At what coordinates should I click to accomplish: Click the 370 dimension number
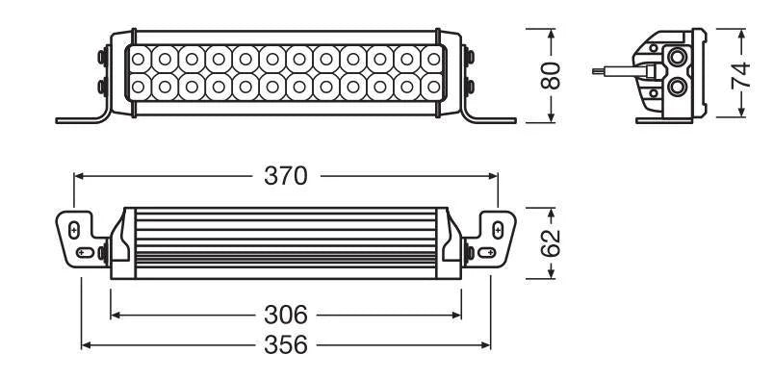click(286, 176)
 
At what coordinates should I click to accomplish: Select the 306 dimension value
click(286, 314)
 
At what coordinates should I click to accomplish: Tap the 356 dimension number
click(286, 344)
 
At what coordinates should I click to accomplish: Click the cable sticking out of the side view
click(616, 70)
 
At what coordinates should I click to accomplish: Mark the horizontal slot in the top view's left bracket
click(85, 251)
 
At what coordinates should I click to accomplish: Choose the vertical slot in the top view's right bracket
click(498, 229)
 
